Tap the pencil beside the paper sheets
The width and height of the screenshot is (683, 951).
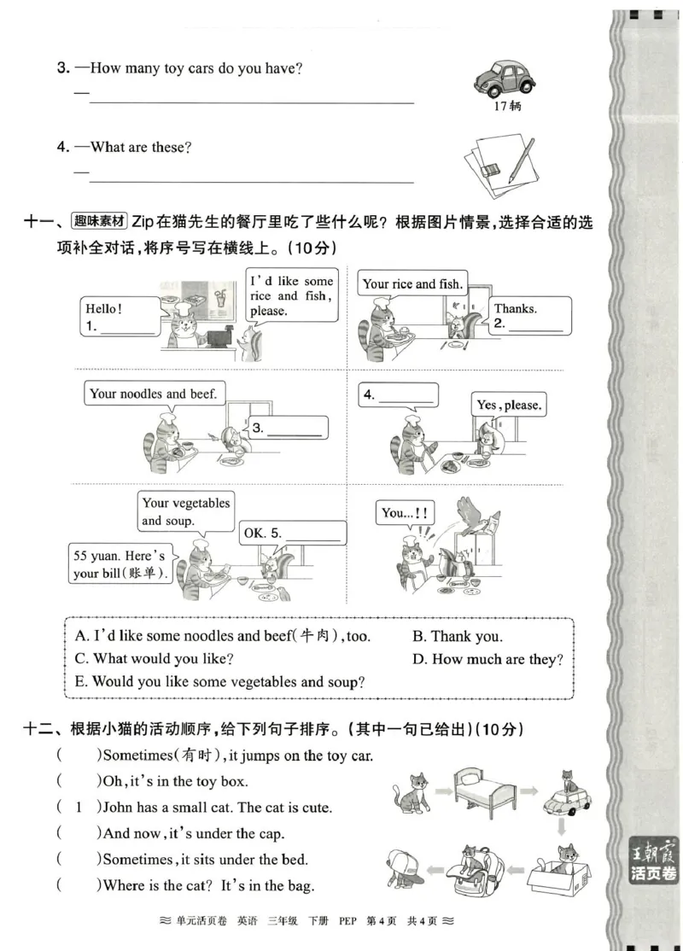(522, 160)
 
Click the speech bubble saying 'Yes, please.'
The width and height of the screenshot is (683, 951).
(509, 405)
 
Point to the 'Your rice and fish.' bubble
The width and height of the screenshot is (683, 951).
(412, 284)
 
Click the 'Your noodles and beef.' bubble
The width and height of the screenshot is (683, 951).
(154, 394)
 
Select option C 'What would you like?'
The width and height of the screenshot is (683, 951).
(155, 659)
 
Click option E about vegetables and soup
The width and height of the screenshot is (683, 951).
(220, 682)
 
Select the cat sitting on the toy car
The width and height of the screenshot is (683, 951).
(565, 791)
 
